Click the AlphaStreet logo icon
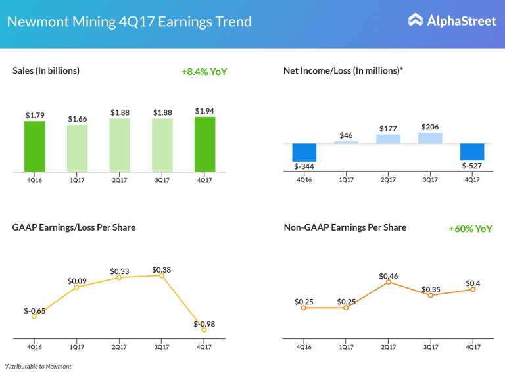tap(416, 20)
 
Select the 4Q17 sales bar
tap(204, 145)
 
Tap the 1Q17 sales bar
tap(77, 149)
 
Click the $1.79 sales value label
tap(35, 116)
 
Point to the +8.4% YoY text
tap(204, 72)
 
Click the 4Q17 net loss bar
tap(472, 151)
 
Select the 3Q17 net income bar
tap(430, 138)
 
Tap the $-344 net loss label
tap(304, 167)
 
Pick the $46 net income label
tap(346, 135)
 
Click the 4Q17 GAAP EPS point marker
tap(204, 329)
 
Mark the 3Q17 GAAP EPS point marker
tap(162, 275)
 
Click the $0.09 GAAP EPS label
tap(77, 281)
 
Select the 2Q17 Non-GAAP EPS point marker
tap(388, 281)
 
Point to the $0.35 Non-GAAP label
tap(431, 289)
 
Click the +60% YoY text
tap(470, 229)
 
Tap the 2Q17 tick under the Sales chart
tap(120, 179)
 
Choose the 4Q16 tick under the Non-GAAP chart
tap(304, 346)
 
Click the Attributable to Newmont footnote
tap(37, 366)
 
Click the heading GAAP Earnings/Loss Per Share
tap(74, 227)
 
